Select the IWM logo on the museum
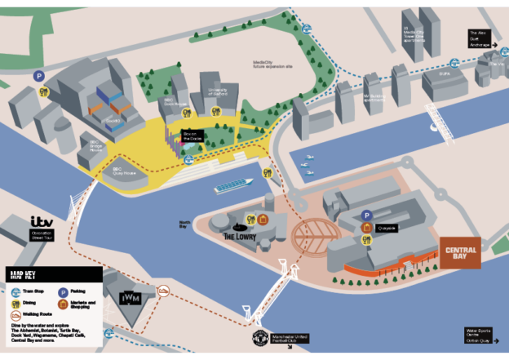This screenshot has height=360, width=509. click(131, 299)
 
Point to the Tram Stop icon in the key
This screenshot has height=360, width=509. click(16, 290)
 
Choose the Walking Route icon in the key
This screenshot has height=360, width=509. click(16, 314)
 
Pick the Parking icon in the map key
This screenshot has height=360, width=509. click(63, 290)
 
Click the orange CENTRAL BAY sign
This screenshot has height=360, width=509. click(460, 252)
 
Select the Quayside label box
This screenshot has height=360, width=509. click(386, 229)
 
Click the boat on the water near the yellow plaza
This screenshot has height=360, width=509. click(233, 187)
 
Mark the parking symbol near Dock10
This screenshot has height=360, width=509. click(38, 75)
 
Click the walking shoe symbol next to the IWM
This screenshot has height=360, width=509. click(163, 290)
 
